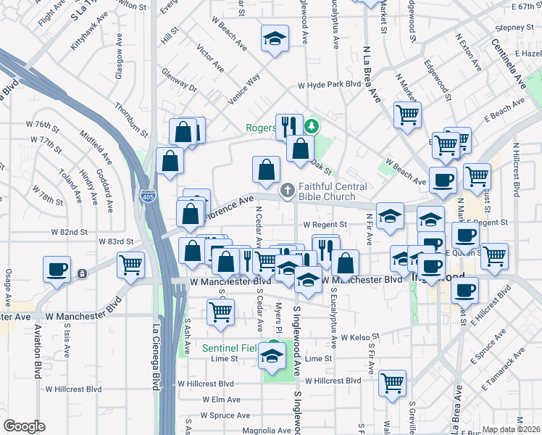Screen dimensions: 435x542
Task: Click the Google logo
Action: coord(24,426)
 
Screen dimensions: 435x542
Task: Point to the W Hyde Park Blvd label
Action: coord(329,84)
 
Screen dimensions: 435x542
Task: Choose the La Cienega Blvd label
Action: coord(156,357)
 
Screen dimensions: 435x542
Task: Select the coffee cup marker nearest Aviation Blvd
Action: coord(57,270)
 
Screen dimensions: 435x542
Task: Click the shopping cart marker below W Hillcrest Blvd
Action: coord(392,382)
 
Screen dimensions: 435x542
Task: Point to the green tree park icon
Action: coord(312,125)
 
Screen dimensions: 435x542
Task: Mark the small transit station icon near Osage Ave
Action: coord(83,273)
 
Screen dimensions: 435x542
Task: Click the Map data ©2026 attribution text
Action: coord(511,429)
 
